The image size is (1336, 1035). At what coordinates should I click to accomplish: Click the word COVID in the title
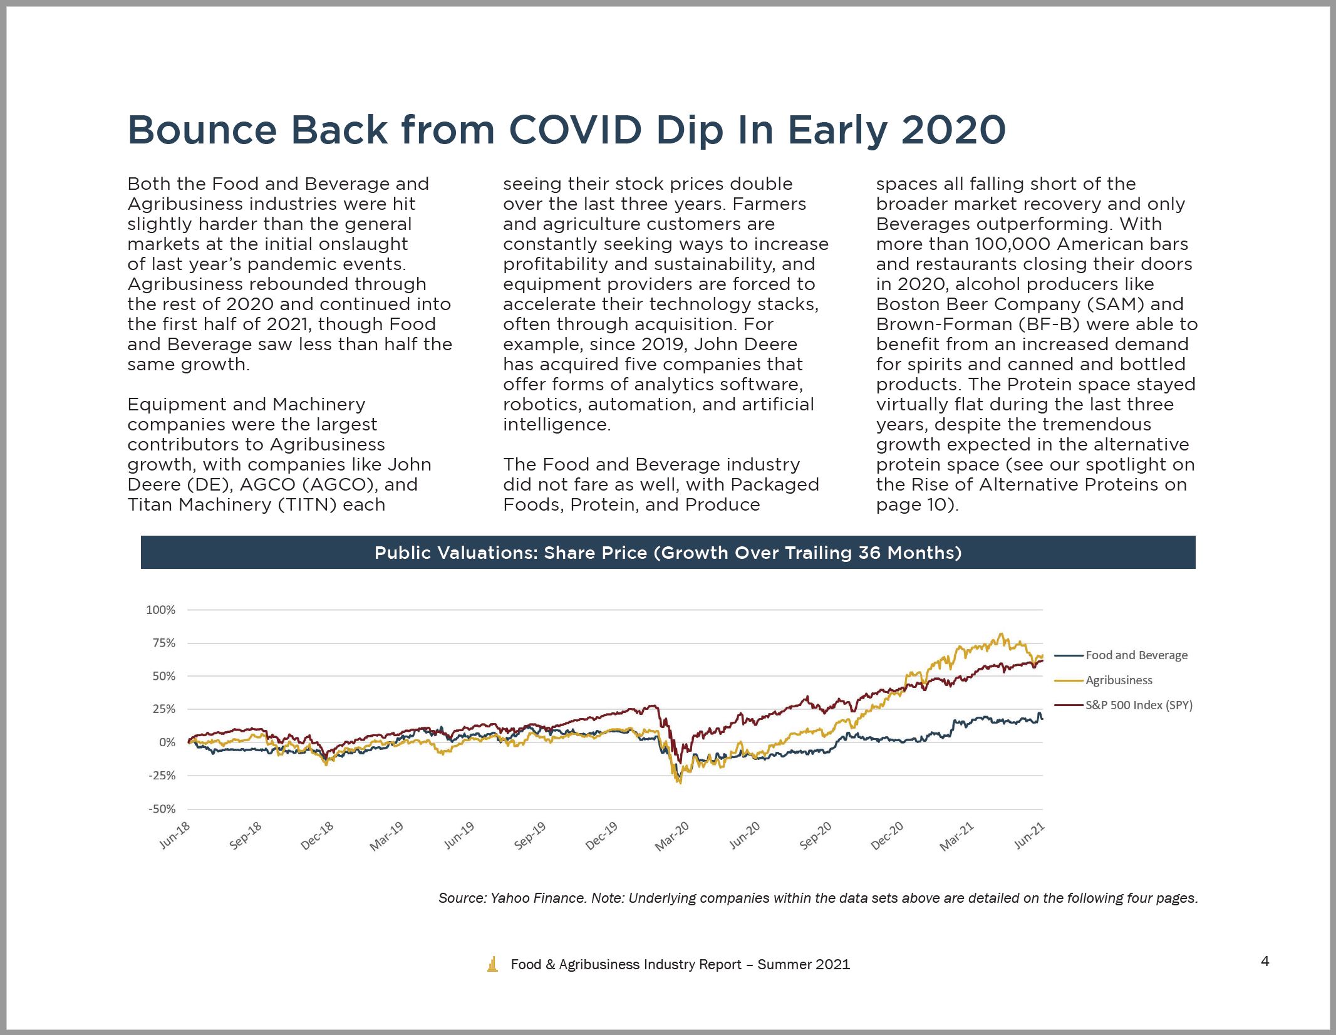(x=576, y=130)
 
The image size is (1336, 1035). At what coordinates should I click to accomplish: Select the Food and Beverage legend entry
(x=1121, y=655)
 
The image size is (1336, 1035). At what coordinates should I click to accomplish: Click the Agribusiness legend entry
(x=1104, y=680)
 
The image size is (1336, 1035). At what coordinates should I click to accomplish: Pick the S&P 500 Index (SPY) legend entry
(x=1124, y=705)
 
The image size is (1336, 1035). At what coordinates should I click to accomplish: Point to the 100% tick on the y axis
(x=160, y=610)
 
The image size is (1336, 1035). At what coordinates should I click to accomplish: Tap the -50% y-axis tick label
(x=162, y=809)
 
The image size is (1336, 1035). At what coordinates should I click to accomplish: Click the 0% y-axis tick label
(x=167, y=742)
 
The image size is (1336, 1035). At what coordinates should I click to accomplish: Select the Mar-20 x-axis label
(x=673, y=836)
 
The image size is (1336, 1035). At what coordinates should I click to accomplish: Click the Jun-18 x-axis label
(x=175, y=836)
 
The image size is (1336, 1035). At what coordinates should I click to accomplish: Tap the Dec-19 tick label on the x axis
(x=602, y=836)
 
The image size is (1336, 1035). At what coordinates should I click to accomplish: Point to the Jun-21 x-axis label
(x=1030, y=836)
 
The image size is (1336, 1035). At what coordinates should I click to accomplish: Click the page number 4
(x=1265, y=960)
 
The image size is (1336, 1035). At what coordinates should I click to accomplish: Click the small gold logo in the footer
(x=493, y=964)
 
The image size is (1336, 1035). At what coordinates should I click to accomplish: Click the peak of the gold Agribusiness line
(x=1001, y=633)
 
